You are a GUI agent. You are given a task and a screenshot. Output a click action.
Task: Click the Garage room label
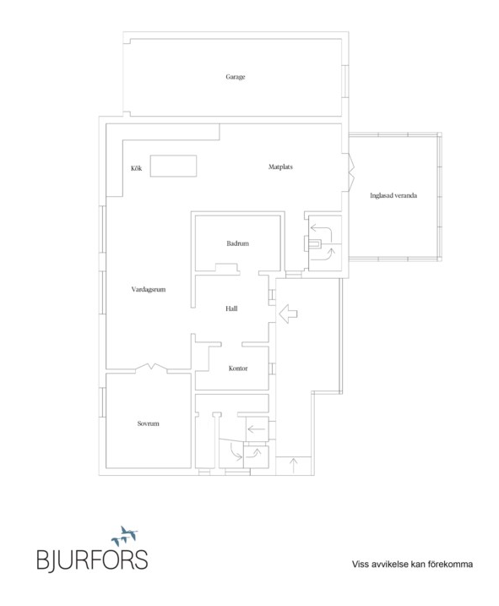(x=236, y=77)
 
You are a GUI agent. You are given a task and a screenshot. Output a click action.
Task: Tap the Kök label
(x=136, y=168)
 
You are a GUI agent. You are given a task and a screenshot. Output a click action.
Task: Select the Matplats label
(x=280, y=167)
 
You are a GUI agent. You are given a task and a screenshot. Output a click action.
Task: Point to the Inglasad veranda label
(x=393, y=195)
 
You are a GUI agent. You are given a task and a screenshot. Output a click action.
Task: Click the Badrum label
(x=237, y=243)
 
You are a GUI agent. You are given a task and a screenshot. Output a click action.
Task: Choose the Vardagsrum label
(x=149, y=289)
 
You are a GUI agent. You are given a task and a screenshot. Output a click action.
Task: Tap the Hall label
(x=231, y=308)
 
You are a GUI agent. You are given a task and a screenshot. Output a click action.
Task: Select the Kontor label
(x=238, y=369)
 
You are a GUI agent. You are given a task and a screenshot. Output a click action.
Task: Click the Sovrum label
(x=148, y=423)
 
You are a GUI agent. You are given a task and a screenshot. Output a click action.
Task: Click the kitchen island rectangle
(x=173, y=166)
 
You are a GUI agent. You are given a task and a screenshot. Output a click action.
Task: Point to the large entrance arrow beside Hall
(x=288, y=314)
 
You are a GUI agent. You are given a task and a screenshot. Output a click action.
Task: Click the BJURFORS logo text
(x=92, y=560)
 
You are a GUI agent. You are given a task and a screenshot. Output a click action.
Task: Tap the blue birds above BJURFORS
(x=124, y=535)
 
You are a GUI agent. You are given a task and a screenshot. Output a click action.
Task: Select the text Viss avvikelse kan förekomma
(x=412, y=565)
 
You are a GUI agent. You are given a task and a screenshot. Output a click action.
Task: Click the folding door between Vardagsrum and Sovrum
(x=151, y=367)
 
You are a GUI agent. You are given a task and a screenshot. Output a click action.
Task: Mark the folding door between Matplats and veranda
(x=351, y=172)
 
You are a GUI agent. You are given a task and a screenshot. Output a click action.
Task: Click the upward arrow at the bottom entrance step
(x=294, y=466)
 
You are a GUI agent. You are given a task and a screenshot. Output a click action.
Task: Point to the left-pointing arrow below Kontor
(x=256, y=429)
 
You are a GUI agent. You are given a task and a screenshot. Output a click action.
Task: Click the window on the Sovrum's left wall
(x=103, y=402)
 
